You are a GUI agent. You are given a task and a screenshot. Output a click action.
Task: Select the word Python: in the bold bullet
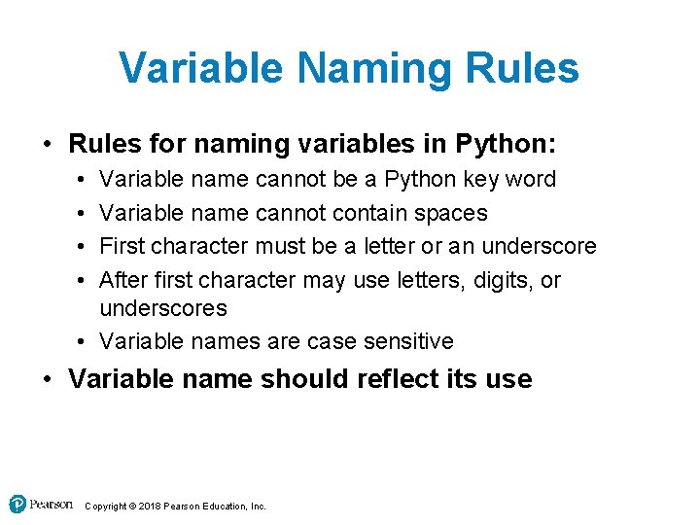tap(505, 145)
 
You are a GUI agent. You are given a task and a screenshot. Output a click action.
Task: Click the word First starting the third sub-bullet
tap(122, 246)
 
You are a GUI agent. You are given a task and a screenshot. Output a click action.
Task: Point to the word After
tap(123, 280)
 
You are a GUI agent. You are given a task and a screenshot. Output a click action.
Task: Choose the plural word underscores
tap(163, 308)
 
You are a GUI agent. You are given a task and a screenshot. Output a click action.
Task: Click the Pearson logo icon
tap(17, 505)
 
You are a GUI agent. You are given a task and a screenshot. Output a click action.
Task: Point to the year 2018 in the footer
tap(150, 507)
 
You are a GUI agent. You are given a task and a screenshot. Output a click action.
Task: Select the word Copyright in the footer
tap(106, 507)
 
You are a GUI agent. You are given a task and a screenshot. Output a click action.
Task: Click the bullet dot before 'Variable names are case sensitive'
tap(77, 341)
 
